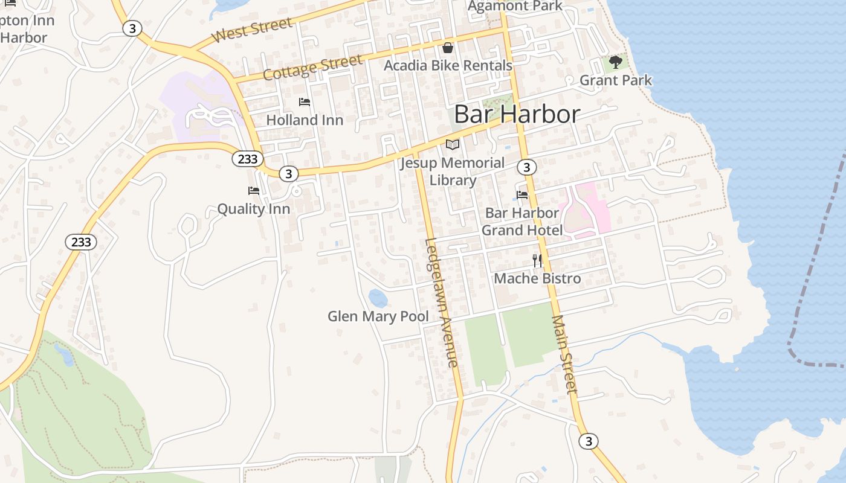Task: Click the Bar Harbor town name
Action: [517, 114]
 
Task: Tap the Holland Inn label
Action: [305, 120]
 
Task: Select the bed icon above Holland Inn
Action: [305, 102]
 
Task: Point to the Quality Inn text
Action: [253, 209]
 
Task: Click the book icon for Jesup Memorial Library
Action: [453, 144]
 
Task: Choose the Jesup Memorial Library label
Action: [453, 171]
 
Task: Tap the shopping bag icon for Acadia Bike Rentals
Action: [448, 48]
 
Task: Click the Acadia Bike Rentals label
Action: [448, 65]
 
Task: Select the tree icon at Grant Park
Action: [615, 62]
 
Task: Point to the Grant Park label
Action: [615, 80]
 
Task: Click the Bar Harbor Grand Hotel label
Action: [522, 222]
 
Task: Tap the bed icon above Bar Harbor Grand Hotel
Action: [522, 194]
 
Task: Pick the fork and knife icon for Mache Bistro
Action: [537, 260]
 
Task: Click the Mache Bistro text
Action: [537, 278]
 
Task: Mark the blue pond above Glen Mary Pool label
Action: [378, 298]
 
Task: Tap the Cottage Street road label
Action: [312, 67]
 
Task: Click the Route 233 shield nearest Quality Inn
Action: [247, 159]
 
